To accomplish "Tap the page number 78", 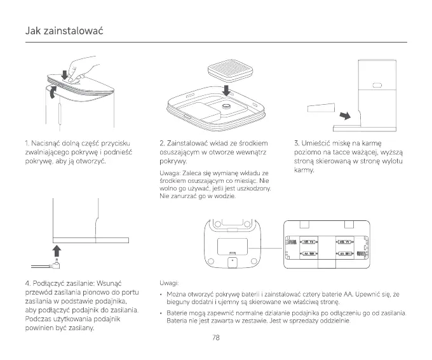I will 216,337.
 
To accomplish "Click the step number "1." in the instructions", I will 26,143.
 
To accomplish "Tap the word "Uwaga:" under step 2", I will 170,173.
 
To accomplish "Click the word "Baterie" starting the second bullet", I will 178,313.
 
